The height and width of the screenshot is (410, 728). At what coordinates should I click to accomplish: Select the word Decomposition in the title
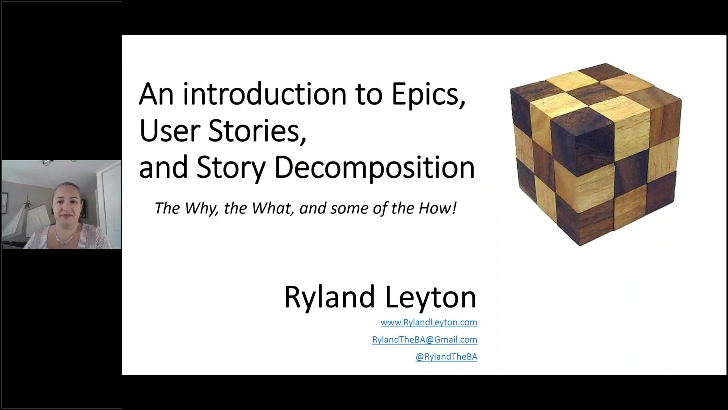(x=374, y=167)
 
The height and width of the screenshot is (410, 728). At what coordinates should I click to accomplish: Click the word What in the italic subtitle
(x=272, y=208)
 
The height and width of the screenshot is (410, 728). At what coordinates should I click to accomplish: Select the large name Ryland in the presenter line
(x=329, y=297)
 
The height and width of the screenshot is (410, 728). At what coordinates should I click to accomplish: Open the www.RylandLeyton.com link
(x=429, y=322)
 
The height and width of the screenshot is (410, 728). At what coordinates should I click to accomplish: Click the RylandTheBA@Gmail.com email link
(x=425, y=339)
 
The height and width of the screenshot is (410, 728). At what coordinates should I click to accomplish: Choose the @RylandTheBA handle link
(x=446, y=356)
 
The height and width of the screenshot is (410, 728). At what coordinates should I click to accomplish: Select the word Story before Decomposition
(x=231, y=167)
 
